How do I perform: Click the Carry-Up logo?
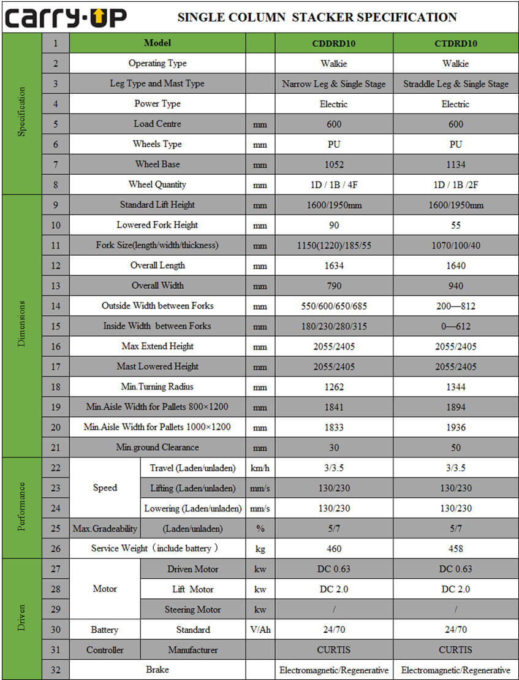(66, 17)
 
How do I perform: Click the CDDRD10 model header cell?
(333, 44)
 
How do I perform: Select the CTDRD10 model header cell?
(455, 44)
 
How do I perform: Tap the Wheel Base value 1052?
(333, 164)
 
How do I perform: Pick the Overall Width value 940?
(455, 286)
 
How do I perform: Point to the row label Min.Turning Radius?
(157, 387)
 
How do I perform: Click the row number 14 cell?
(56, 306)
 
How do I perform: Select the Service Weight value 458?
(455, 549)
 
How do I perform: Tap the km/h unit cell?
(260, 468)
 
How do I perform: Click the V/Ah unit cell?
(260, 630)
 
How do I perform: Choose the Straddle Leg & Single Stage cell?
(455, 84)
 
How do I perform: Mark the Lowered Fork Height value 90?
(333, 225)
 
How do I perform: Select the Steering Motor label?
(192, 609)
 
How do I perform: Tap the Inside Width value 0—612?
(455, 326)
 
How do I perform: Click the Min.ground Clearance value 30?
(333, 448)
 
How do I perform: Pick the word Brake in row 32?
(157, 670)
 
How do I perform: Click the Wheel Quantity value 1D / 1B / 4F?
(333, 185)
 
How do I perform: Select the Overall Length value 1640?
(455, 266)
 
